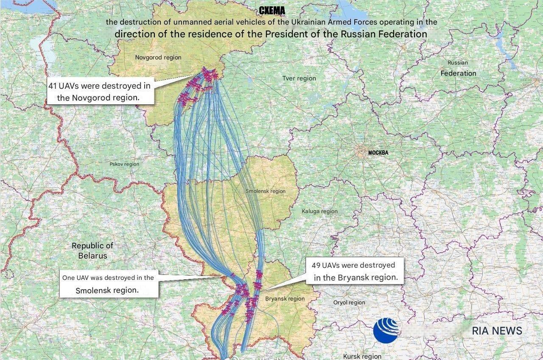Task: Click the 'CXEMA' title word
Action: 272,11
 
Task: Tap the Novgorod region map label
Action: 158,57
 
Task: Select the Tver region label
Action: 299,78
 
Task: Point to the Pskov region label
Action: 124,164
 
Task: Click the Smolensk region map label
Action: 266,191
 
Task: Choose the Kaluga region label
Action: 320,211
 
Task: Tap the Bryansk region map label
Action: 285,298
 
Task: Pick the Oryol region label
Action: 349,302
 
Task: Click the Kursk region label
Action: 362,357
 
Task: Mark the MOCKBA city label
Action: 378,153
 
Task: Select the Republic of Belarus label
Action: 92,250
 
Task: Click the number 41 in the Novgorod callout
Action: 53,86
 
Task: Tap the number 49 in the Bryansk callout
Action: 316,265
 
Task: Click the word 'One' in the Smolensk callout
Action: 68,278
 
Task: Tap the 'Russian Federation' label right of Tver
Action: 458,68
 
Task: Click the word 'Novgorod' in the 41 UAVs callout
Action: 92,98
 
